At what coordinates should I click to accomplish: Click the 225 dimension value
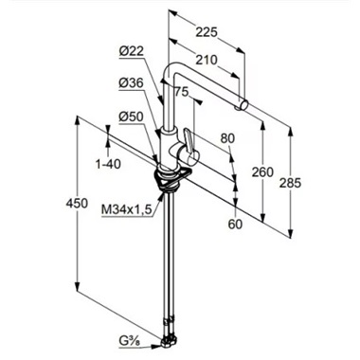[x=207, y=32]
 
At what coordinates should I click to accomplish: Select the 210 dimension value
[x=207, y=60]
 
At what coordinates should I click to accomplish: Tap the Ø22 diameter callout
[x=132, y=51]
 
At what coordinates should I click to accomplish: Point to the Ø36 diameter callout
[x=132, y=83]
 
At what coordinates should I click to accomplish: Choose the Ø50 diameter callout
[x=132, y=117]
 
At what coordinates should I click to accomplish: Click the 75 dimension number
[x=182, y=92]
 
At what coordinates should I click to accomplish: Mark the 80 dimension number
[x=227, y=138]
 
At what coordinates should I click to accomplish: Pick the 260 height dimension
[x=262, y=172]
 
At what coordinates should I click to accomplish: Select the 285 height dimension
[x=290, y=183]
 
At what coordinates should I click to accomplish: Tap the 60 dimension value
[x=235, y=224]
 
